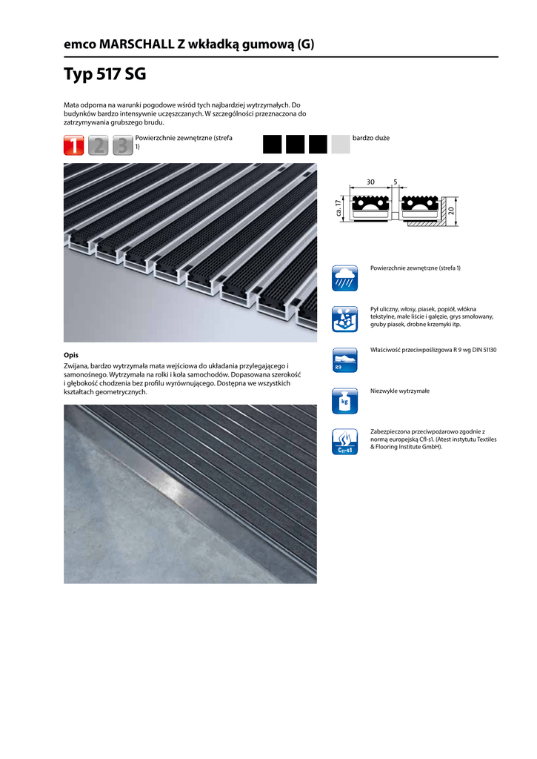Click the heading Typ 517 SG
click(104, 75)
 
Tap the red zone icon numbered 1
click(74, 145)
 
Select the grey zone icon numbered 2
click(99, 145)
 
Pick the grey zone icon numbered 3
click(123, 145)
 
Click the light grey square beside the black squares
click(341, 144)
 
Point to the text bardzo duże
click(371, 139)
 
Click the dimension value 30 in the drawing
click(370, 182)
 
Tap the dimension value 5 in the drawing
click(396, 182)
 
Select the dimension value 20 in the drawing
click(451, 211)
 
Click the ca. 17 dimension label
click(338, 208)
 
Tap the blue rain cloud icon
click(344, 279)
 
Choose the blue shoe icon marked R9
click(344, 359)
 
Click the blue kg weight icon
click(344, 400)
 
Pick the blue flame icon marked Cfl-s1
click(344, 442)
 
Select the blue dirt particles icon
click(344, 319)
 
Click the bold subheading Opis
click(71, 355)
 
